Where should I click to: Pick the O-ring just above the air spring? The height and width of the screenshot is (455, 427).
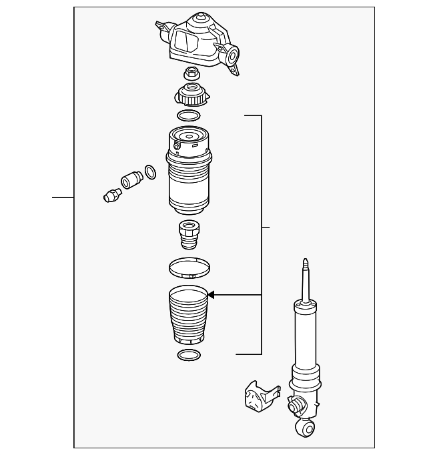[x=189, y=116]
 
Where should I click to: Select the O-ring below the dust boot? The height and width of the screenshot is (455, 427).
[x=188, y=354]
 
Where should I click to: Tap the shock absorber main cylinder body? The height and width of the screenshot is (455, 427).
[x=305, y=340]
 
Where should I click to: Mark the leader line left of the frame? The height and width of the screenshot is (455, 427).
[x=63, y=197]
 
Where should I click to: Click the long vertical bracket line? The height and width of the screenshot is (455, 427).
[x=261, y=234]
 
